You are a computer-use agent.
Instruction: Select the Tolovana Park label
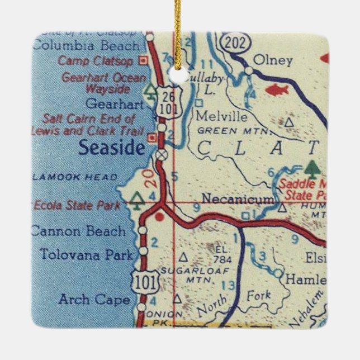point(87,255)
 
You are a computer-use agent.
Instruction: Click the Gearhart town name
point(111,103)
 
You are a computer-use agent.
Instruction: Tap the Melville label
point(222,117)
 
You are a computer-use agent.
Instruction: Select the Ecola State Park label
point(77,205)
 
